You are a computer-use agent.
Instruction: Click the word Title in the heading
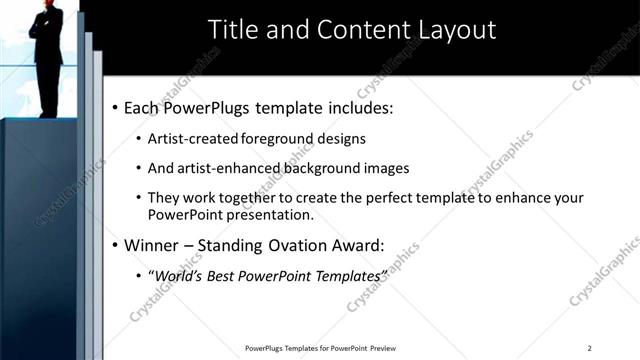coord(232,30)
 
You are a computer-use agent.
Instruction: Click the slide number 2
coord(589,348)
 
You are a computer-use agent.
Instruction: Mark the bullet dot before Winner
coord(115,244)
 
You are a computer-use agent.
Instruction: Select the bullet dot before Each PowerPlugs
coord(115,107)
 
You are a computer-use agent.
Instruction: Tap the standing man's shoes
coord(47,113)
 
